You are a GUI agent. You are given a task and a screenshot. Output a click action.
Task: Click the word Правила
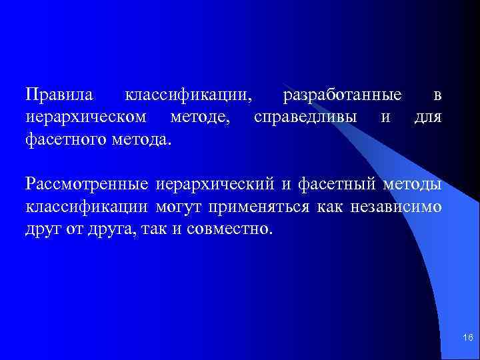(59, 95)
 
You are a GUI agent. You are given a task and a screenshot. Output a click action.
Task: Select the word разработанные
(342, 95)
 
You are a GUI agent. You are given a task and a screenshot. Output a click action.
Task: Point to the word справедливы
(306, 118)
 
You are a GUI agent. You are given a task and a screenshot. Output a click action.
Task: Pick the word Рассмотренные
(87, 183)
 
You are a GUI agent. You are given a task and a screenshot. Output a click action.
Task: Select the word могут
(179, 206)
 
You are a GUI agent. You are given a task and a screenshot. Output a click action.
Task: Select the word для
(427, 118)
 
